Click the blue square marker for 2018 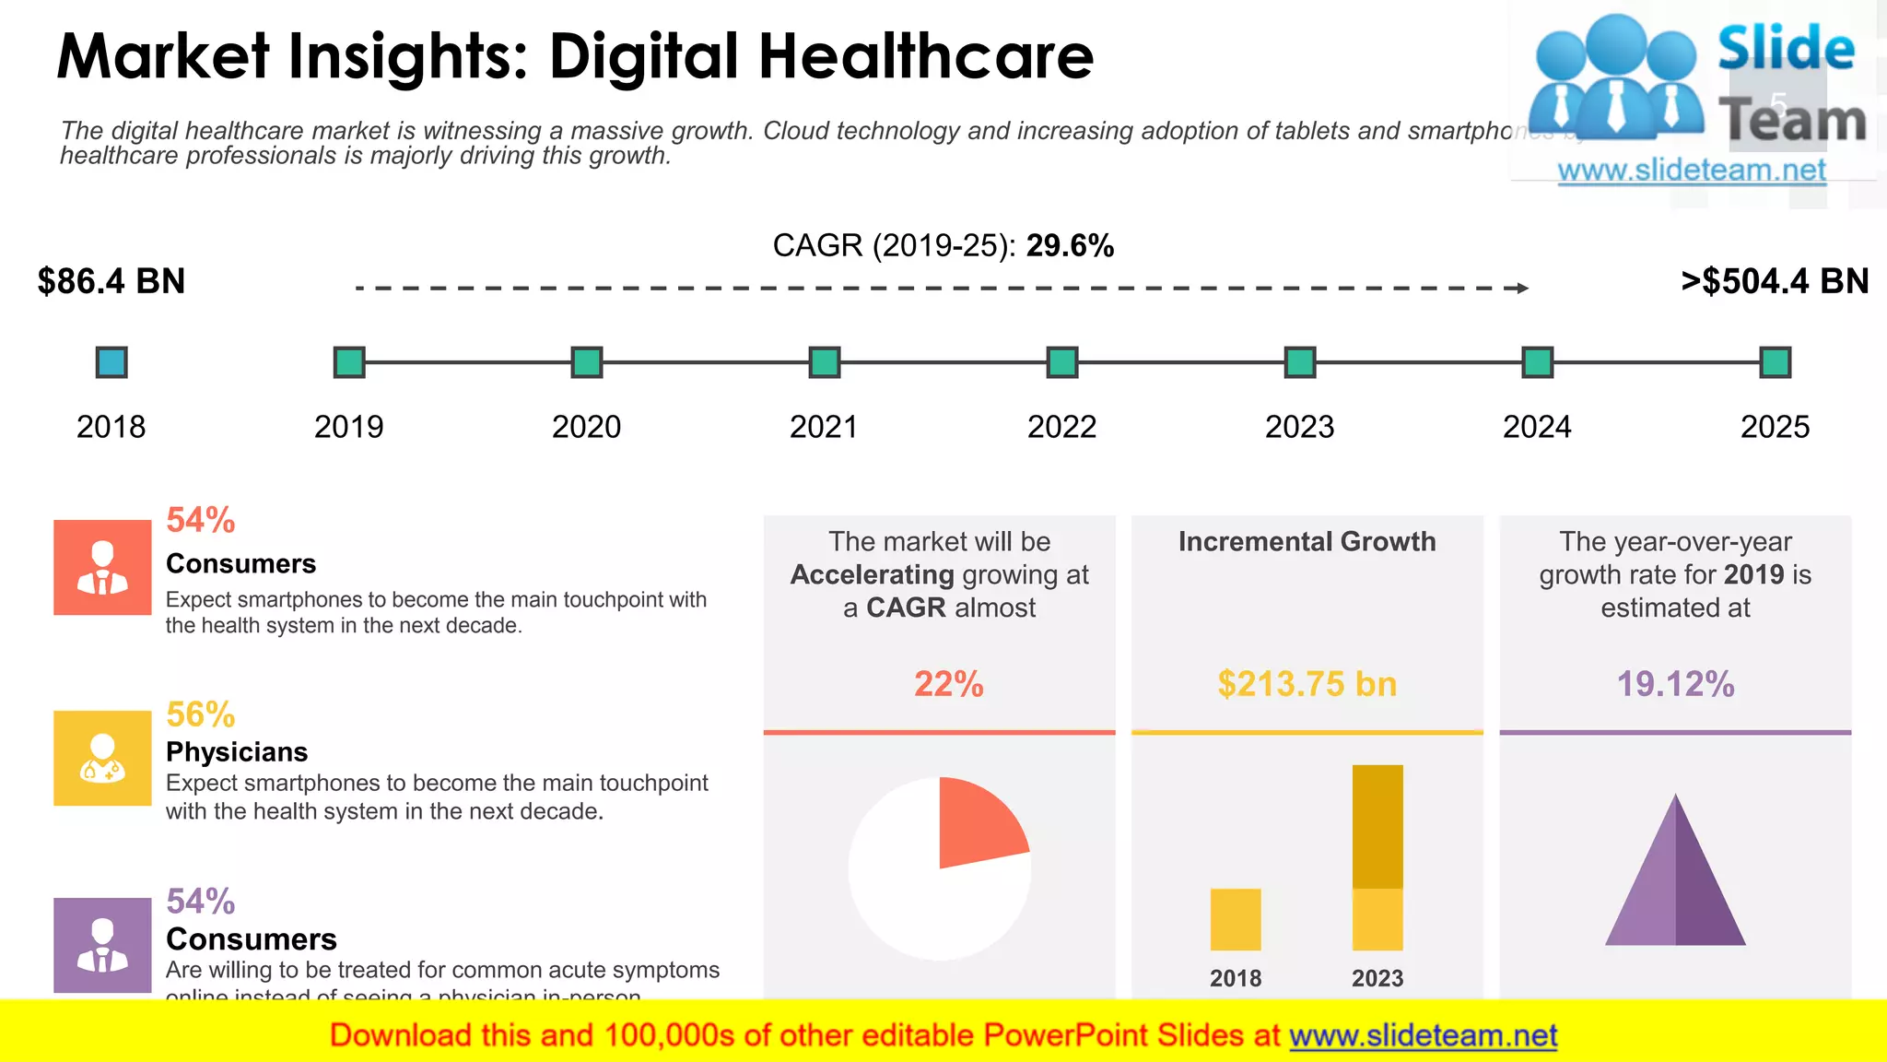[111, 362]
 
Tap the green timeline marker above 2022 [1062, 362]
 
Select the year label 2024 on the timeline [1537, 427]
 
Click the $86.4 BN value [111, 281]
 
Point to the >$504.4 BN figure [1775, 281]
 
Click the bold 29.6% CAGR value [1070, 246]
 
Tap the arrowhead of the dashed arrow [1523, 289]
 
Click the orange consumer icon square [102, 567]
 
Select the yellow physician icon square [102, 758]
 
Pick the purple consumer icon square [102, 945]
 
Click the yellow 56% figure [200, 714]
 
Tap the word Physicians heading [237, 752]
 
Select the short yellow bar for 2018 [1236, 919]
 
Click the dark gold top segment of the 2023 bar [1377, 825]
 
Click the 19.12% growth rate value [1675, 684]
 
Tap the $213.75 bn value [1307, 684]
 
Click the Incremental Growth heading [1307, 542]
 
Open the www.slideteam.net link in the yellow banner [1423, 1036]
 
